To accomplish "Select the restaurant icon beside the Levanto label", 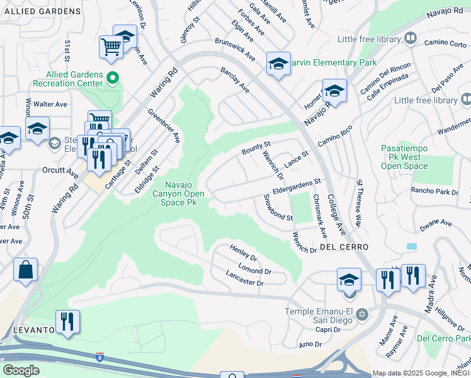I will [67, 321].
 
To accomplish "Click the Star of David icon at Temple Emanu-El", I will [361, 314].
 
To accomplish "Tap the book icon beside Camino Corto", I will [411, 39].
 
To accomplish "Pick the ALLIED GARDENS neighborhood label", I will [40, 11].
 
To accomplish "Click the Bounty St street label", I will [256, 149].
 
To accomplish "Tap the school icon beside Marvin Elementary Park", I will [278, 64].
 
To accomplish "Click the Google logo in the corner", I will [21, 370].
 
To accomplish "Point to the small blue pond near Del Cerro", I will [412, 246].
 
